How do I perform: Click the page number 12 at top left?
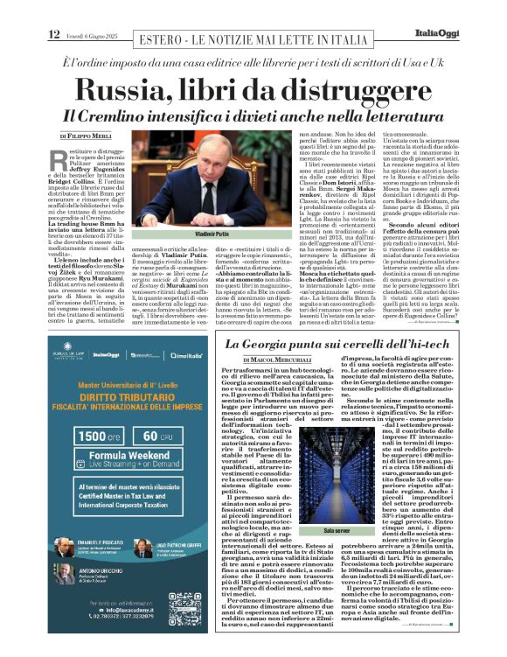[53, 34]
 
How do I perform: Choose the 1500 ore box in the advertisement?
[91, 437]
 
